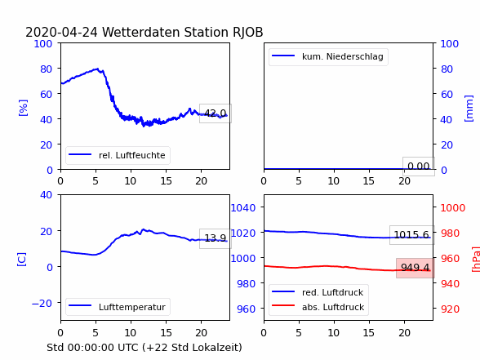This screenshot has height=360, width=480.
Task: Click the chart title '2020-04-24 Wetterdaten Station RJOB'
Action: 144,32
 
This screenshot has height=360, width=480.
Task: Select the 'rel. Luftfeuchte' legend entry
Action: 118,155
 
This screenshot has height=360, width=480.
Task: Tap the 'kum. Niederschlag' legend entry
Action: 328,56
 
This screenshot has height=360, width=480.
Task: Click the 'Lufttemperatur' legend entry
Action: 118,307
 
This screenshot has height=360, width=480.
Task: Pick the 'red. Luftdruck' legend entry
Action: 318,292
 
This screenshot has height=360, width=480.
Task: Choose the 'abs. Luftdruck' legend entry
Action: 318,307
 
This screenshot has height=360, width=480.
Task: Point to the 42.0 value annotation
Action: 216,113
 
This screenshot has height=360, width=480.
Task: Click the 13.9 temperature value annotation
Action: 216,238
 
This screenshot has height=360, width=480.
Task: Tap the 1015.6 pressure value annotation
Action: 411,235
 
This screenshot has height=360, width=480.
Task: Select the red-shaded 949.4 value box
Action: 416,268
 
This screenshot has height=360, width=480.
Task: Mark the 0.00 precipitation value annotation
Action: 419,167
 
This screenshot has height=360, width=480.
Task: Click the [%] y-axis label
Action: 23,108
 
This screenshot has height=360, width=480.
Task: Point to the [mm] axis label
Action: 469,109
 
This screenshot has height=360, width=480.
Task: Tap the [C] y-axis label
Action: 21,260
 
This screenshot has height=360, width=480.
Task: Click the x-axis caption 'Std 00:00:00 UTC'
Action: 93,348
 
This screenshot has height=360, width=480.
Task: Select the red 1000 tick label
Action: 453,208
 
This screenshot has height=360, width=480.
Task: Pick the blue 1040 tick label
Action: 243,208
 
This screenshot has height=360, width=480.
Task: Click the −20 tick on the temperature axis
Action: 42,304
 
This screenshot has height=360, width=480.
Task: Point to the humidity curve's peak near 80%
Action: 97,69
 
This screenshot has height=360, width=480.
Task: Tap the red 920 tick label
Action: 450,309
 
